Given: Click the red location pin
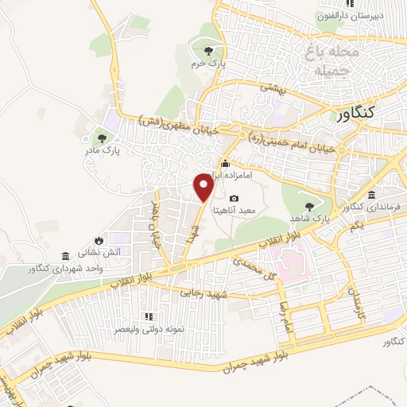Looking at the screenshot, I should (x=204, y=186).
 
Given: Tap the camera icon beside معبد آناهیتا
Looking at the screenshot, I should (x=233, y=198).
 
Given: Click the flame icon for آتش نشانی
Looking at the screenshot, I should (x=98, y=239).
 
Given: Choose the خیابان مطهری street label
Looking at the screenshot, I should (x=176, y=125).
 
